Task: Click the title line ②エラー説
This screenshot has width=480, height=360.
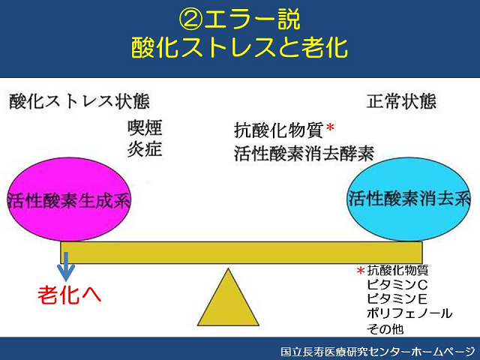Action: pos(239,19)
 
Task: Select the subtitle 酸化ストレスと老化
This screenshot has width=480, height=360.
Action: pos(239,48)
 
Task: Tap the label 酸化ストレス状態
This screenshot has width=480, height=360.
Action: pos(79,102)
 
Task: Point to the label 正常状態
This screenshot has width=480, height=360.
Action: pos(401,101)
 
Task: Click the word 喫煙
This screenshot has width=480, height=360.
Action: pos(145,127)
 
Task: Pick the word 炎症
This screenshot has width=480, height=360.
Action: pos(145,149)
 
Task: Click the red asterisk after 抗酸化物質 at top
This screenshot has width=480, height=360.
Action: pos(330,127)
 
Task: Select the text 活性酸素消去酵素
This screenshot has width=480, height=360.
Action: pos(304,153)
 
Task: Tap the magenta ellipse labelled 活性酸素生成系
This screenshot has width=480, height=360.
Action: pos(70,199)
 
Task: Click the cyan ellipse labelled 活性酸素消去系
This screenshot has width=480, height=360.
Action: pos(409,199)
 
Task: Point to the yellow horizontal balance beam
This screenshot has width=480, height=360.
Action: pos(241,253)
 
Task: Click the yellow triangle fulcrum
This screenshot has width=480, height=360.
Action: pos(228,297)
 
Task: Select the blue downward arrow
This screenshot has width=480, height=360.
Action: pos(66,266)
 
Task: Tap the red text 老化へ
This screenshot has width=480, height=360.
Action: pos(70,295)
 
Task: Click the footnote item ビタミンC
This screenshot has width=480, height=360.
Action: pos(397,285)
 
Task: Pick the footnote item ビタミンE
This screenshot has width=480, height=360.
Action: pos(397,298)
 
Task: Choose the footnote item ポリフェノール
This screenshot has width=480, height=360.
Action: pos(409,313)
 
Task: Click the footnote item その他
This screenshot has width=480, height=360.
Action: pos(385,328)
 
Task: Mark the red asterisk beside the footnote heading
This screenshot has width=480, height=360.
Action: pos(361,271)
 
